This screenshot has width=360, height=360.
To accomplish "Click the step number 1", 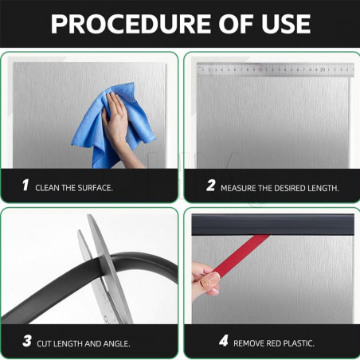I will pyautogui.click(x=25, y=186).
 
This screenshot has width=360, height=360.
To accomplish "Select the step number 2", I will pyautogui.click(x=210, y=186).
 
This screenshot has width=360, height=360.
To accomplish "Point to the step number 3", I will pyautogui.click(x=26, y=342).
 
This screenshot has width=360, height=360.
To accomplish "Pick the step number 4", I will pyautogui.click(x=224, y=342).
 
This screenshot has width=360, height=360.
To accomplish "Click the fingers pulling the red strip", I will pyautogui.click(x=205, y=280).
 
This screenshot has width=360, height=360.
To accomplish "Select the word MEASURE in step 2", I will pyautogui.click(x=243, y=188).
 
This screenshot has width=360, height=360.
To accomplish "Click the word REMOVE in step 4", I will pyautogui.click(x=250, y=343).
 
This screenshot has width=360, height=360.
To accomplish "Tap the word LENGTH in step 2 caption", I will pyautogui.click(x=323, y=188).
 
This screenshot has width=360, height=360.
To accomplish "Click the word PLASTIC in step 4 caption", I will pyautogui.click(x=297, y=343).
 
